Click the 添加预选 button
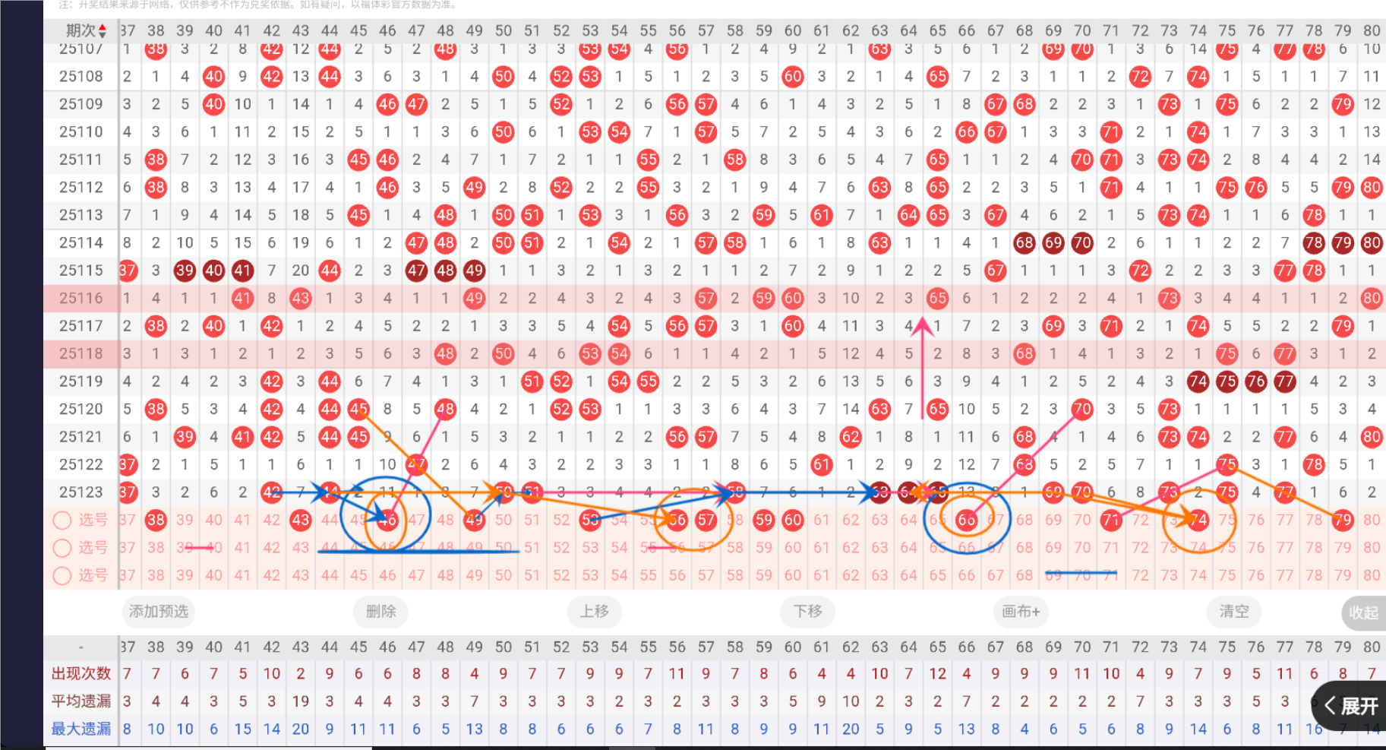pos(158,612)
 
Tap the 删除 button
pos(380,612)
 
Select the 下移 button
pos(807,612)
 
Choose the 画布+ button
pos(1020,612)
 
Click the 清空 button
pos(1233,612)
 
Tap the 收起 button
pos(1362,612)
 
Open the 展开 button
pos(1351,706)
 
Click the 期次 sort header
pos(85,30)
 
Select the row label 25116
pos(81,298)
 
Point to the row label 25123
pos(81,492)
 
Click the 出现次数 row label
pos(81,673)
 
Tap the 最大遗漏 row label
pos(81,729)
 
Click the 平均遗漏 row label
pos(81,701)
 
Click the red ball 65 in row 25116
pos(937,298)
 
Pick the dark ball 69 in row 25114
pos(1053,243)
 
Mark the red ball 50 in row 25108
pos(503,76)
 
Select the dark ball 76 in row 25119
pos(1256,381)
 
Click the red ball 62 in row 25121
pos(851,437)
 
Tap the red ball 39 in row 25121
pos(185,437)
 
